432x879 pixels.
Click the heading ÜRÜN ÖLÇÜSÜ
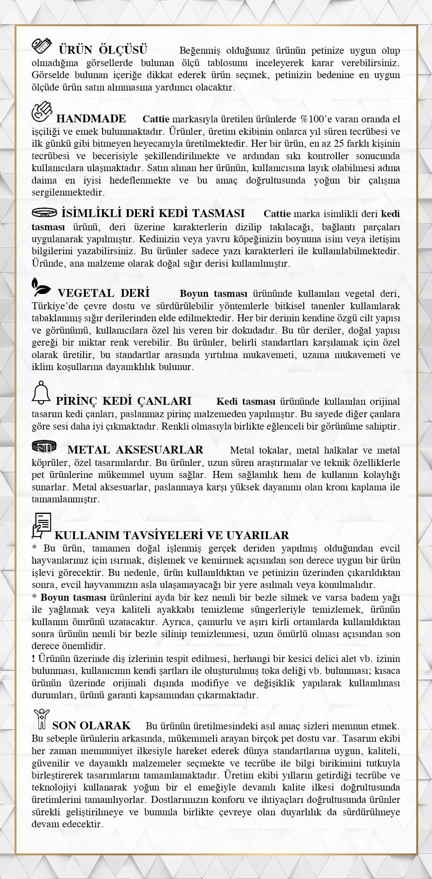(x=103, y=50)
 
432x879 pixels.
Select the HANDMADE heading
(x=91, y=119)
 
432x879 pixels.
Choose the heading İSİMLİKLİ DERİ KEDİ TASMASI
(x=153, y=213)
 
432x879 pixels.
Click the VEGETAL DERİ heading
(x=103, y=293)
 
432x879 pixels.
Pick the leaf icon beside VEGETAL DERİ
(x=41, y=287)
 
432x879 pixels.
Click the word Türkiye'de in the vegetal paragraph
(x=52, y=306)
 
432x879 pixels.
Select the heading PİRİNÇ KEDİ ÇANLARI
(x=123, y=401)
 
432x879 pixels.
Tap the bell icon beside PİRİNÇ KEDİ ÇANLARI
(x=41, y=392)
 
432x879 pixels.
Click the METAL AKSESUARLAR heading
(x=135, y=450)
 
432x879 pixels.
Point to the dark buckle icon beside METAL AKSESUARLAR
(x=43, y=447)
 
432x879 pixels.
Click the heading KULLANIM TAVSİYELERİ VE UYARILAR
(x=172, y=535)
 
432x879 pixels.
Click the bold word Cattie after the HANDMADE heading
(x=156, y=119)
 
